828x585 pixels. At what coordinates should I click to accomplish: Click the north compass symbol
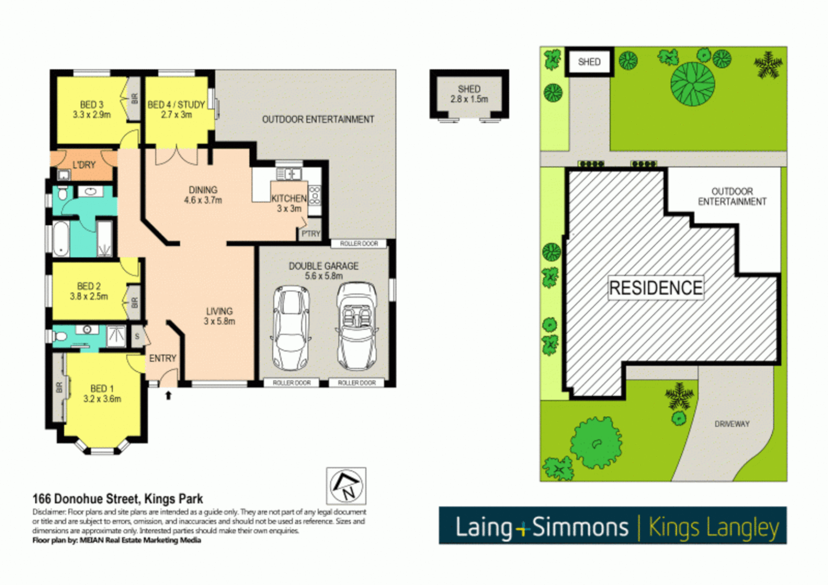point(346,486)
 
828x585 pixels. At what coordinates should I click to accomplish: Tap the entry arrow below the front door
point(168,395)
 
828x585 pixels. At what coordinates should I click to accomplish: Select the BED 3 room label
point(92,109)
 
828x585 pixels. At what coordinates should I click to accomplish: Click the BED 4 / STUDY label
point(176,109)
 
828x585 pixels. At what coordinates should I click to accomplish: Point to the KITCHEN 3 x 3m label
point(289,204)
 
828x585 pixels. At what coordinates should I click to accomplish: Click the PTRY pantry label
point(311,234)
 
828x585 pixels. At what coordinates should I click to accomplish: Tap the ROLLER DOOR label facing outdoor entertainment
point(359,244)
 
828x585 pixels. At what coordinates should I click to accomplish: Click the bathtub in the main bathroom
point(61,238)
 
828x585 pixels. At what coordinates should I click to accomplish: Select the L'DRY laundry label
point(84,165)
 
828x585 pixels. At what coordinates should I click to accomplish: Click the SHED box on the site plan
point(589,62)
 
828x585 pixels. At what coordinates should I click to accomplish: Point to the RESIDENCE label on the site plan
point(656,288)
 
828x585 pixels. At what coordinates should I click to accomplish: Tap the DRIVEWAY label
point(731,424)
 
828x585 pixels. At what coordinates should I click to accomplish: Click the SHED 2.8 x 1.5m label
point(469,94)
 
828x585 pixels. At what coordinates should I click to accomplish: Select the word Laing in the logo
point(483,527)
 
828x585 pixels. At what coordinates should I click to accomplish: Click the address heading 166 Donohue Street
point(118,499)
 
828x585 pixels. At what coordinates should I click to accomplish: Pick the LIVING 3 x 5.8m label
point(219,316)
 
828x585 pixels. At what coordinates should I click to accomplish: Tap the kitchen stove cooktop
point(314,194)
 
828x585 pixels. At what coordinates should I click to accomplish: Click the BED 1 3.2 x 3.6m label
point(102,394)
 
